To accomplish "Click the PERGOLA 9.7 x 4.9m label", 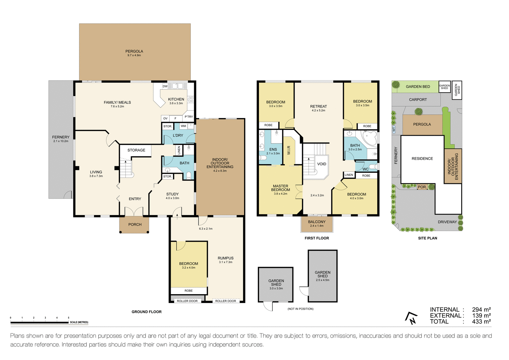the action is [x=134, y=53].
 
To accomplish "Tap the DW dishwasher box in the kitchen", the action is [x=165, y=87].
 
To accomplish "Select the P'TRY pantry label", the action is [x=189, y=117].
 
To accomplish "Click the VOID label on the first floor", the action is [x=322, y=164].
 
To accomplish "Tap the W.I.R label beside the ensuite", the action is [x=289, y=150].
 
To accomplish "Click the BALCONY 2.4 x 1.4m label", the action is [x=317, y=223].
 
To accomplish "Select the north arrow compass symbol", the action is [x=411, y=318].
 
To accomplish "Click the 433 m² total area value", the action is [x=481, y=321].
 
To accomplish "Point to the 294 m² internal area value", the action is [x=481, y=309].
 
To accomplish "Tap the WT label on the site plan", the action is [x=394, y=130].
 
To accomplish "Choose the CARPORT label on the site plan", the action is [x=418, y=99].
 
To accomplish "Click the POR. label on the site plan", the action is [x=422, y=187].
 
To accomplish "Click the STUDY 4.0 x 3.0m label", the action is [x=172, y=196].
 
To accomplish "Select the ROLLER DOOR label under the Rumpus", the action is [x=226, y=301].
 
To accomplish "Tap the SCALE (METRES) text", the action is [x=79, y=322].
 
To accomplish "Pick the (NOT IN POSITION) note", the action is [x=300, y=309].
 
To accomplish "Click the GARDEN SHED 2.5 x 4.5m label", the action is [x=322, y=276].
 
